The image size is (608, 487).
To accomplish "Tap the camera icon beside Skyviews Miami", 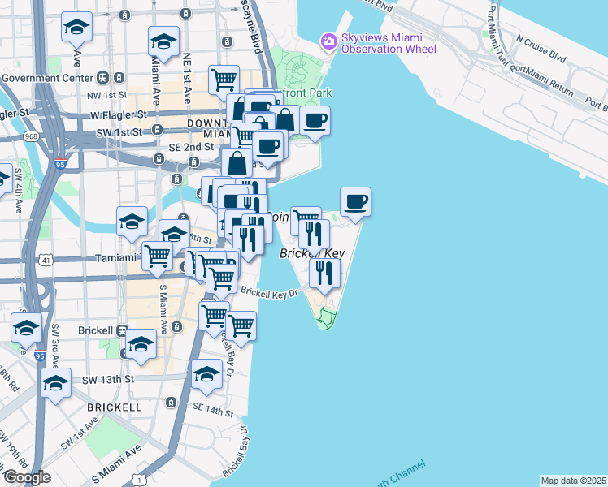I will (x=328, y=40).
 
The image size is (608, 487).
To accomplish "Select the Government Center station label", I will (x=47, y=78).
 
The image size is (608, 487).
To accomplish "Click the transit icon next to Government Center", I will (x=102, y=78).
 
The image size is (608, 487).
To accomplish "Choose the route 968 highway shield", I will (x=32, y=136).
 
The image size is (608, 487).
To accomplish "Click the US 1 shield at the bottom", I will (x=145, y=480).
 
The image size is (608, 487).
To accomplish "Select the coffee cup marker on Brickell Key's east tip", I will (x=354, y=201).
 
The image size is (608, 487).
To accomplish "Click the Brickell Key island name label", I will (x=312, y=254).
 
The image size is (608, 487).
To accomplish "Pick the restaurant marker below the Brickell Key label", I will (x=324, y=274).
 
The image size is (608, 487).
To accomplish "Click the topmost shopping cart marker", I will (x=224, y=80).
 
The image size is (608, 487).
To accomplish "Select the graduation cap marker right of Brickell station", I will (x=141, y=343).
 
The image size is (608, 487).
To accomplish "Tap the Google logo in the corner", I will (x=27, y=477).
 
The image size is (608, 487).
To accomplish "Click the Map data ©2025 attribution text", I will (x=573, y=481).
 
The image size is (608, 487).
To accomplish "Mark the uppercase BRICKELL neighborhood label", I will (x=115, y=407).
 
